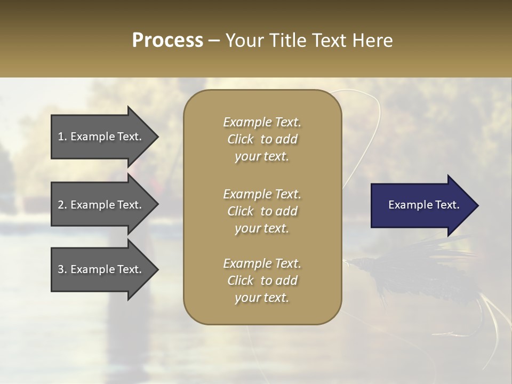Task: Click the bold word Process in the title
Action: (167, 41)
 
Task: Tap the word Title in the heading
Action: (287, 41)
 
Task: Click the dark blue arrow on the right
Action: (416, 205)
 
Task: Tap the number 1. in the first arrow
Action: (62, 137)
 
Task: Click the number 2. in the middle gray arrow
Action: (62, 205)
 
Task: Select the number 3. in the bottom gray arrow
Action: (62, 269)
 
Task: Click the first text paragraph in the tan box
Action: (262, 139)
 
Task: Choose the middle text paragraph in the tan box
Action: (262, 211)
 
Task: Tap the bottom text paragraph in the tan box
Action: (262, 281)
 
